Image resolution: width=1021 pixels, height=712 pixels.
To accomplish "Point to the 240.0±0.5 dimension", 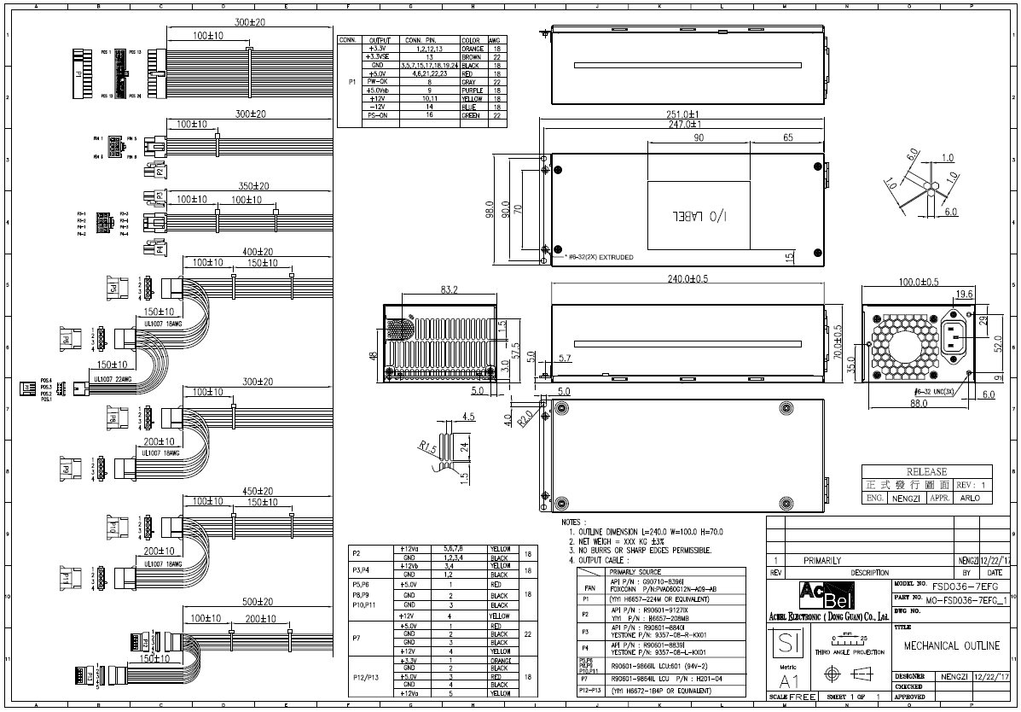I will pos(682,278).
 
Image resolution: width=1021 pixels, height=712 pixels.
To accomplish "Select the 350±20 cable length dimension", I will pos(254,185).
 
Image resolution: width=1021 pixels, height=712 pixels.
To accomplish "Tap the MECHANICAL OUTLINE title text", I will pos(951,646).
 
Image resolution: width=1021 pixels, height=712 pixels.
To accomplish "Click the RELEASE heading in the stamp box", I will pos(926,471).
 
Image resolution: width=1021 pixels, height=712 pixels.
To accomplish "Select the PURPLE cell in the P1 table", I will pos(473,90).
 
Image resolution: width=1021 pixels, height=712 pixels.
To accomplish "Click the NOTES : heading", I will pos(572,522).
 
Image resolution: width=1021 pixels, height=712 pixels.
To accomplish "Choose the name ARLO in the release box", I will pos(970,497).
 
